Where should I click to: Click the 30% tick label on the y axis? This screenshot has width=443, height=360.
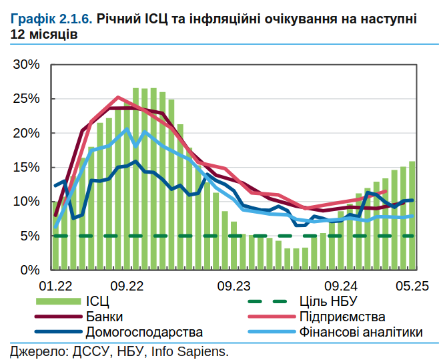click(x=27, y=65)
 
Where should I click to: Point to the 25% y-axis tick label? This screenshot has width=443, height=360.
click(x=27, y=99)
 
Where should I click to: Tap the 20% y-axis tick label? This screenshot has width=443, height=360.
click(x=27, y=133)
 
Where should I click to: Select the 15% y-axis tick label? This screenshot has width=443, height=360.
click(x=27, y=168)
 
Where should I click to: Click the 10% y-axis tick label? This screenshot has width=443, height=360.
click(x=27, y=202)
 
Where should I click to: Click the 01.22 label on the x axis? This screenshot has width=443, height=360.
click(x=55, y=286)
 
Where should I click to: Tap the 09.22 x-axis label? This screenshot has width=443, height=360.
click(x=127, y=286)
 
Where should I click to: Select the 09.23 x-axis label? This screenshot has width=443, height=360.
click(x=234, y=286)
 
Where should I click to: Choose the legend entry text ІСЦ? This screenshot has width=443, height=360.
click(x=97, y=301)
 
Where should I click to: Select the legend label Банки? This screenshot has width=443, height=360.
click(x=104, y=317)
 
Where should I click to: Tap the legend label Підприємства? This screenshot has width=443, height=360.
click(x=342, y=317)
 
